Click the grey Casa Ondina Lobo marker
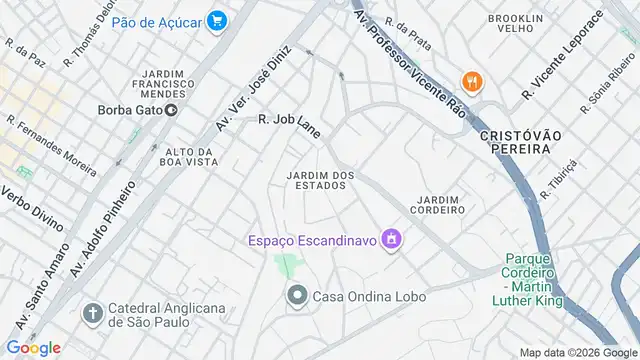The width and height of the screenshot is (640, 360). pos(297,295)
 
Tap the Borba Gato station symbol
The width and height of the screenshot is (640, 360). pos(172,111)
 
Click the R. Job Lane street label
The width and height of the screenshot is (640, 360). pos(286,119)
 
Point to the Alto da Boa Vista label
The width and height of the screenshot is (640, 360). pos(189,156)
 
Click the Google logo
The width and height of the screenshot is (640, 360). pos(33,347)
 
